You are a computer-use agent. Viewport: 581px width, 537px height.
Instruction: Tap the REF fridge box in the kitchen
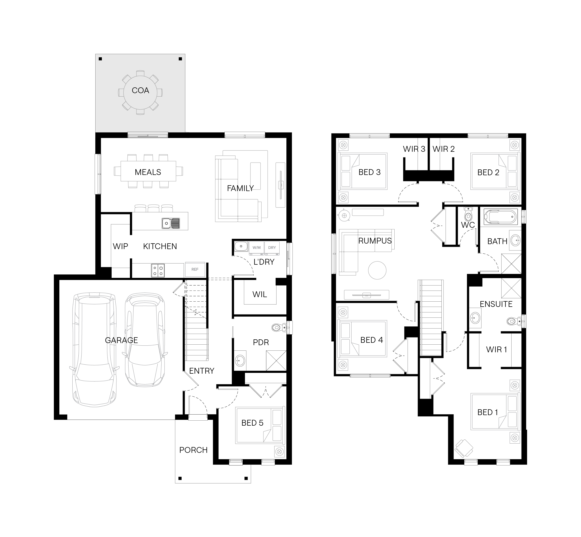[x=195, y=269]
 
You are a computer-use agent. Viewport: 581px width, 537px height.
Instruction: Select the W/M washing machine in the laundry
[x=257, y=248]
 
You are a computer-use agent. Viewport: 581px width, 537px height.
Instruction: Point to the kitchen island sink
[x=171, y=223]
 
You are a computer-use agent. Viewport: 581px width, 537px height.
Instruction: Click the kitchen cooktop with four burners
[x=158, y=270]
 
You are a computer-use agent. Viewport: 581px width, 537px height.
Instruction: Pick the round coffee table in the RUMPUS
[x=377, y=270]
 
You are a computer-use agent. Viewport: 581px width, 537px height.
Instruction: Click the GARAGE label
[x=121, y=340]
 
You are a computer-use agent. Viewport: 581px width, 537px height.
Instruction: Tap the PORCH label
[x=193, y=450]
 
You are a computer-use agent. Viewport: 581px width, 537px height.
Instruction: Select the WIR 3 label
[x=414, y=149]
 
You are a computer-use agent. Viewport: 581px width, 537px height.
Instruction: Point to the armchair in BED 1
[x=464, y=448]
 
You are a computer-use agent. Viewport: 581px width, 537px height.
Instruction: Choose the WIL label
[x=259, y=294]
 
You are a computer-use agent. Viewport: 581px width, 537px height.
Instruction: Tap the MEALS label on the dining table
[x=148, y=172]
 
